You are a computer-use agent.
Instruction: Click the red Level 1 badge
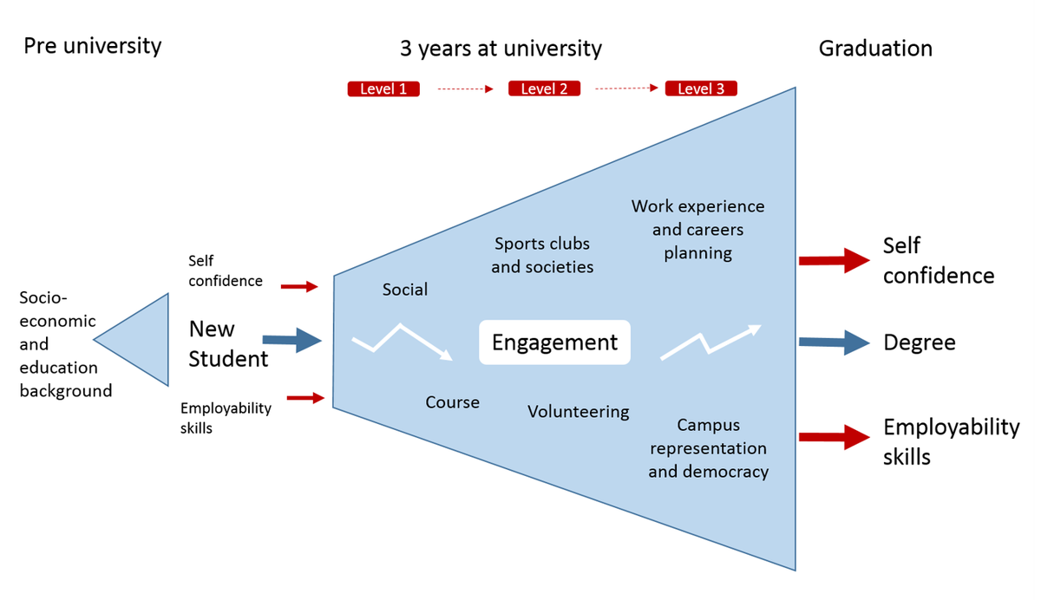[x=383, y=88]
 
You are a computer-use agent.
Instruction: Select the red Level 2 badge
[x=544, y=88]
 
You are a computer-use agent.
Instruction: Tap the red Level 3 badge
[x=701, y=88]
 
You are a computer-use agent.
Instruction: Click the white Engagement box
[x=554, y=342]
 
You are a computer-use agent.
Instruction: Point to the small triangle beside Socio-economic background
[x=139, y=339]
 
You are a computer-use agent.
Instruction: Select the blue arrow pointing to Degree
[x=834, y=342]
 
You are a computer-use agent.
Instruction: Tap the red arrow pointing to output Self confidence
[x=834, y=259]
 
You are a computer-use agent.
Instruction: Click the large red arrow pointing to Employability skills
[x=834, y=437]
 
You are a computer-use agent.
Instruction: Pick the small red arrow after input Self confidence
[x=300, y=286]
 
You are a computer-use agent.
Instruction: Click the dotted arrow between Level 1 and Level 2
[x=465, y=88]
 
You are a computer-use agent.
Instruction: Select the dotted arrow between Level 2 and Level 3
[x=626, y=88]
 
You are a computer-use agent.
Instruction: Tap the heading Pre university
[x=92, y=46]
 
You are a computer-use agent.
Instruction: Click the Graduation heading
[x=875, y=49]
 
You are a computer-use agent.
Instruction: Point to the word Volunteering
[x=579, y=411]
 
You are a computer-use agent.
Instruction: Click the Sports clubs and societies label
[x=542, y=255]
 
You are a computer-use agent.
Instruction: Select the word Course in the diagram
[x=452, y=402]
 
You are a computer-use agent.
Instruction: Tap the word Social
[x=405, y=290]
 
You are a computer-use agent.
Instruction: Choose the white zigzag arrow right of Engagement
[x=710, y=341]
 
